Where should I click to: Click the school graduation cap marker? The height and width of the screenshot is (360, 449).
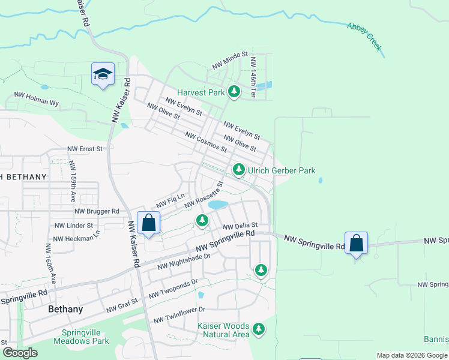coord(103,74)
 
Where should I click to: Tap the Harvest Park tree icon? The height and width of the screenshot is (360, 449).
coord(234,92)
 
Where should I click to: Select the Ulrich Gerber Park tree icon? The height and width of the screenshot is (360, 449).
coord(239,170)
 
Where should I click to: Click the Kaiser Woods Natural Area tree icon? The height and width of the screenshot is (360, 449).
coord(259,328)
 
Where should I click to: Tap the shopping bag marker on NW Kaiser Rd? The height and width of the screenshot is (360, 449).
coord(148,223)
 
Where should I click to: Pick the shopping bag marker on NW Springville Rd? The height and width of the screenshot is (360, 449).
coord(356,243)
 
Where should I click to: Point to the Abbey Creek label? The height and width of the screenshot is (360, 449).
coord(364,37)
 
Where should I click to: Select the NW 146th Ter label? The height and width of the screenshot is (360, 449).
coord(254,76)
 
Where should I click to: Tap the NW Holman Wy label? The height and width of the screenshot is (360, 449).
coord(37,99)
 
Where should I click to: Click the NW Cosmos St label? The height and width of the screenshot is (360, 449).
coord(205,142)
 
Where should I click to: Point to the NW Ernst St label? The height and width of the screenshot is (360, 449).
coord(85,148)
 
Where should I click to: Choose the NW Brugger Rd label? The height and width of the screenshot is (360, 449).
coord(97,211)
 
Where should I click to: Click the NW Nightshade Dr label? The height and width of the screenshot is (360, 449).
coord(184,260)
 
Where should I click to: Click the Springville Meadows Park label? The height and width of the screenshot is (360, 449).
coord(85,336)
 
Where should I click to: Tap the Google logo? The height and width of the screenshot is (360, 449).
coord(20,353)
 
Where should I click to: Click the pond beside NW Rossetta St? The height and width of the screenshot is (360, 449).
coord(217,205)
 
